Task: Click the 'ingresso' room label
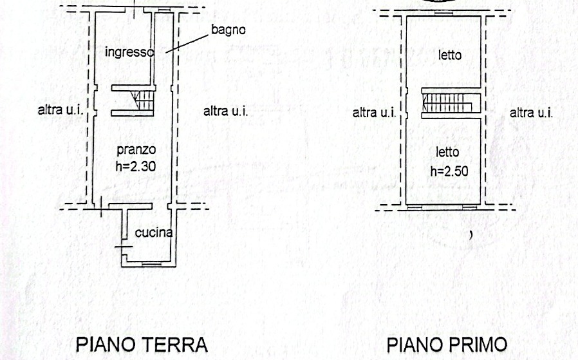click(x=129, y=52)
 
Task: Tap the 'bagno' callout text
click(x=228, y=30)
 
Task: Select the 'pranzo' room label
click(x=136, y=150)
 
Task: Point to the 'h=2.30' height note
click(x=136, y=166)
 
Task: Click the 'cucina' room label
click(x=154, y=232)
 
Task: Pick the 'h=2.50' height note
click(x=449, y=171)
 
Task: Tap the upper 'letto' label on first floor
click(x=450, y=55)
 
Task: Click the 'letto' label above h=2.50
click(x=447, y=152)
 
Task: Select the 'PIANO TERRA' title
click(x=142, y=345)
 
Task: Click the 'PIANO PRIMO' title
click(x=447, y=345)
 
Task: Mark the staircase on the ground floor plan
click(x=142, y=100)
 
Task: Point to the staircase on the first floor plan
click(x=447, y=103)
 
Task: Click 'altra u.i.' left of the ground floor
click(x=61, y=110)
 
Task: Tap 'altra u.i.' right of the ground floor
click(x=225, y=111)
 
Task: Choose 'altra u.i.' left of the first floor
click(x=374, y=113)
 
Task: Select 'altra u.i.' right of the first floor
click(x=531, y=113)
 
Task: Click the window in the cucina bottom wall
click(x=151, y=264)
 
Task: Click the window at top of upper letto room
click(x=443, y=14)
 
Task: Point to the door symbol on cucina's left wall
click(x=124, y=247)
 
